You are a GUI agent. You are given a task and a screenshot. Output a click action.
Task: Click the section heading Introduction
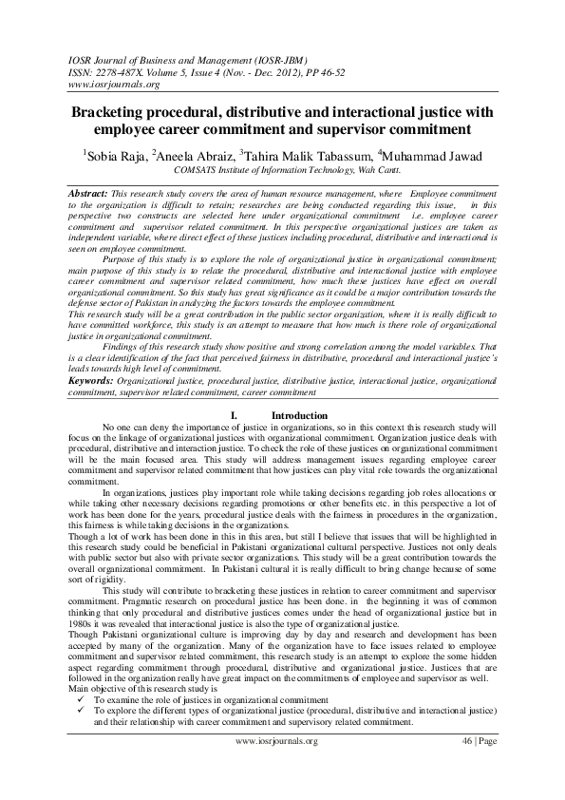click(299, 416)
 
